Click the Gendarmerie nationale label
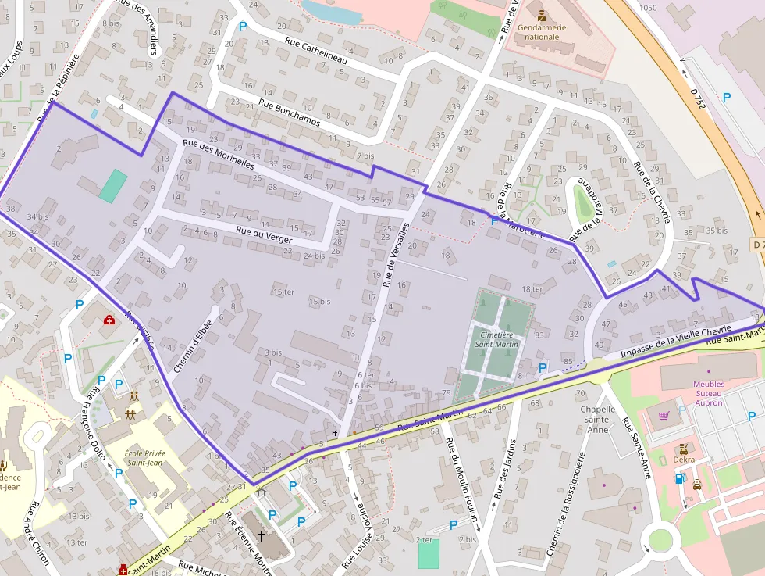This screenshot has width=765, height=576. [541, 32]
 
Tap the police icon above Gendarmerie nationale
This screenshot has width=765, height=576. [541, 15]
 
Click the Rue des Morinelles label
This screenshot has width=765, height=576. [219, 154]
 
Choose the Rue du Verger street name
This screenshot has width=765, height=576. [264, 234]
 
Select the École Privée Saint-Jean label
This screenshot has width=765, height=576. [144, 457]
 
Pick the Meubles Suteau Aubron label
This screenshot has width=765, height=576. [708, 393]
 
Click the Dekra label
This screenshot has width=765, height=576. [684, 460]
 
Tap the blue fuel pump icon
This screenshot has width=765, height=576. [679, 478]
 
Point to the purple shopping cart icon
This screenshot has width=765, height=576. [664, 416]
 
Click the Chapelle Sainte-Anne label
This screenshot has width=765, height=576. [597, 420]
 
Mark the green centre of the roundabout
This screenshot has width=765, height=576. [660, 540]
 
